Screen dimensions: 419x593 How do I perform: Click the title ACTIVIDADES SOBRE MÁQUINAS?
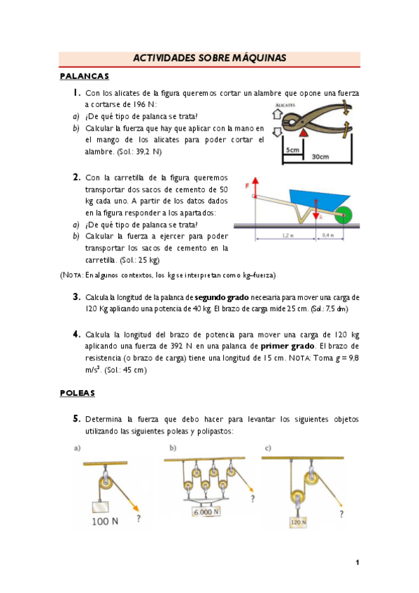[x=210, y=58]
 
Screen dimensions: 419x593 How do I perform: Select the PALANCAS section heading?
[x=85, y=76]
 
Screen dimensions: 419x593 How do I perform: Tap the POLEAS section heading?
[x=77, y=393]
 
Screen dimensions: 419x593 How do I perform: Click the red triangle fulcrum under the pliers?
[x=304, y=132]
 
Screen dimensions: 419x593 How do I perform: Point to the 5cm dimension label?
[x=292, y=150]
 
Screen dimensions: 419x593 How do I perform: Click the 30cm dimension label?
[x=320, y=157]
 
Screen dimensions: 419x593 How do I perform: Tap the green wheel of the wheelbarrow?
[x=343, y=215]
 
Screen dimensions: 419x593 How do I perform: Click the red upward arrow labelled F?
[x=255, y=187]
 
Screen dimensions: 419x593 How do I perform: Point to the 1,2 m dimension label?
[x=287, y=235]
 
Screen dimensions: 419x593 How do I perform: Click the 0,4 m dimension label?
[x=328, y=235]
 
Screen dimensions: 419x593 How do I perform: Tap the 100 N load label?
[x=105, y=521]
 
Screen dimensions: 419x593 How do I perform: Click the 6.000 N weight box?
[x=206, y=512]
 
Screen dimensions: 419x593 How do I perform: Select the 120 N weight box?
[x=299, y=522]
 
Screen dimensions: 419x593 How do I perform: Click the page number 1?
[x=357, y=562]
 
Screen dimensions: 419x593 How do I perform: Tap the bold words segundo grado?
[x=222, y=297]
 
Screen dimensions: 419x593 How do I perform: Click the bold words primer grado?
[x=287, y=346]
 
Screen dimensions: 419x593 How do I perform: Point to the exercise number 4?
[x=76, y=334]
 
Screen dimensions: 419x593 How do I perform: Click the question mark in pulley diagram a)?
[x=139, y=518]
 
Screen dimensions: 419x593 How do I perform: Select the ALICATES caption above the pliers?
[x=285, y=105]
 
